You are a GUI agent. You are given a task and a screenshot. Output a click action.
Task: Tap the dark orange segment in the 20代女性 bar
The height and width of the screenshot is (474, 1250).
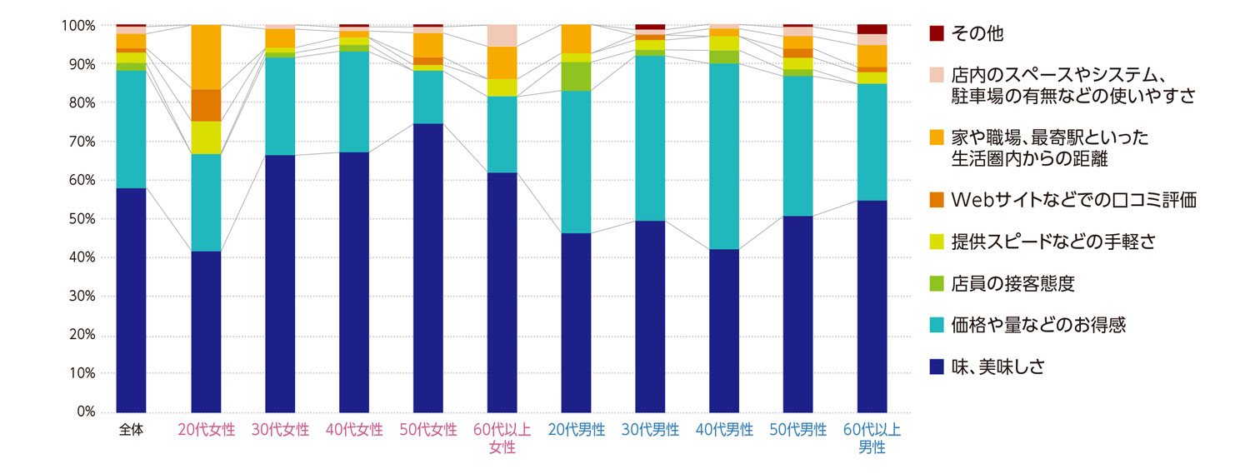click(x=206, y=105)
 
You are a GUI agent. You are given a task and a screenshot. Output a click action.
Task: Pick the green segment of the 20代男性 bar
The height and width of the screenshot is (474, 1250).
click(x=576, y=77)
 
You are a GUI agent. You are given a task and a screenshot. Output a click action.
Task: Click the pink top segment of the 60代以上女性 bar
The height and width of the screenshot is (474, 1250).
click(x=502, y=36)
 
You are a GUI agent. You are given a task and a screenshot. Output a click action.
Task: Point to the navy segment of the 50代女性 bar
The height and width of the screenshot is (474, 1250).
click(x=428, y=267)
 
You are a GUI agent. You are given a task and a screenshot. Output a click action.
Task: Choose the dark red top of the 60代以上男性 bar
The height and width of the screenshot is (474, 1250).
click(x=872, y=29)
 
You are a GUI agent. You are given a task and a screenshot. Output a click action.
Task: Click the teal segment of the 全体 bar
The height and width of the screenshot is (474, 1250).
click(x=131, y=129)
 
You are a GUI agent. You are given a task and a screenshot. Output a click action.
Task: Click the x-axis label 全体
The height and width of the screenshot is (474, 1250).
click(x=131, y=431)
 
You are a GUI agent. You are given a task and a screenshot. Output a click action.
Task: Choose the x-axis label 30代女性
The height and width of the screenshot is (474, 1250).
click(x=280, y=431)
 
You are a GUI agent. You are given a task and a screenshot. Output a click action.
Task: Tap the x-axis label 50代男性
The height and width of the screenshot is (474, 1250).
click(x=798, y=431)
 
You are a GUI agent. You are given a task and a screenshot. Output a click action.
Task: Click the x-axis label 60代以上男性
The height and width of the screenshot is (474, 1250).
click(x=872, y=439)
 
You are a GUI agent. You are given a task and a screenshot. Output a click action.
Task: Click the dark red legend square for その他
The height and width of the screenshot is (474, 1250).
click(x=937, y=33)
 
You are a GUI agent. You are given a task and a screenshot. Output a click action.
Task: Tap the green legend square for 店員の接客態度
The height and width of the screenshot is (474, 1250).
click(x=937, y=283)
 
